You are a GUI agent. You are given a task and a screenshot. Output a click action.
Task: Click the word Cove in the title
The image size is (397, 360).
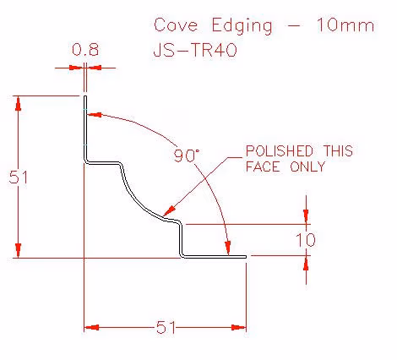point(176,25)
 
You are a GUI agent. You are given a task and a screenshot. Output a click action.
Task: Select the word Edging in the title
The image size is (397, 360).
point(242,26)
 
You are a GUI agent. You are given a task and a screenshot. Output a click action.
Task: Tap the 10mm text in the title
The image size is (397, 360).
point(345,25)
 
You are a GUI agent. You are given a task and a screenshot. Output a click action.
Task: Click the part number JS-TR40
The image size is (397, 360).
point(195,51)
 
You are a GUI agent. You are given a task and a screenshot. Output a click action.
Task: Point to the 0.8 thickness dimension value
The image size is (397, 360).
point(85,50)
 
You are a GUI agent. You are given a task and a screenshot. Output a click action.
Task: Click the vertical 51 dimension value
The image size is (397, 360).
point(19,177)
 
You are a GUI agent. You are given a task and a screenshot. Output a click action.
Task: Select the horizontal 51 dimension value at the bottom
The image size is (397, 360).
point(166,327)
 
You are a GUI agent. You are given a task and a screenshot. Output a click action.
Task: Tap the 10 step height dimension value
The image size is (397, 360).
point(306,240)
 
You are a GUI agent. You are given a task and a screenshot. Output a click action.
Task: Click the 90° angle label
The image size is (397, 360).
point(187,155)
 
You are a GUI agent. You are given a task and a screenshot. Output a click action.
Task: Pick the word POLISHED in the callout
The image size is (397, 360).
point(280,151)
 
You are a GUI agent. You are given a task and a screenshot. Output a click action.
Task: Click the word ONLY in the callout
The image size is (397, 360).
point(307,166)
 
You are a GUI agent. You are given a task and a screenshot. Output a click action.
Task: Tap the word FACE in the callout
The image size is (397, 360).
point(263,166)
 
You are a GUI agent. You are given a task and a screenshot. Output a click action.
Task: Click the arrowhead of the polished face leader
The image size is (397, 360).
point(170,210)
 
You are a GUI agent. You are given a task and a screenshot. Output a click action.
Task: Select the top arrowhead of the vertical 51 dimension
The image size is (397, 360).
point(19,103)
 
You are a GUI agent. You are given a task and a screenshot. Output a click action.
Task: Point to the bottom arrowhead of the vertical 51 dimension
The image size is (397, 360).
point(19,250)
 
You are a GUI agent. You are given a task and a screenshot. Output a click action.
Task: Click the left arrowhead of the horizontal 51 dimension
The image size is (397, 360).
point(92,327)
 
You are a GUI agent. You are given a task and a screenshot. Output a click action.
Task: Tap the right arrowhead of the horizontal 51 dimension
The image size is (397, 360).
point(239,327)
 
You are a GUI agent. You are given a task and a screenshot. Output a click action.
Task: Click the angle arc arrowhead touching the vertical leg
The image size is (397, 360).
point(95,115)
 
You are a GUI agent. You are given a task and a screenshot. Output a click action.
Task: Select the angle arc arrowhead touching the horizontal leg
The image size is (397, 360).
point(228,248)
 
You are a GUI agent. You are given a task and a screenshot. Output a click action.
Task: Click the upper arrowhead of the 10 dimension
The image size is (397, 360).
point(306,216)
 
